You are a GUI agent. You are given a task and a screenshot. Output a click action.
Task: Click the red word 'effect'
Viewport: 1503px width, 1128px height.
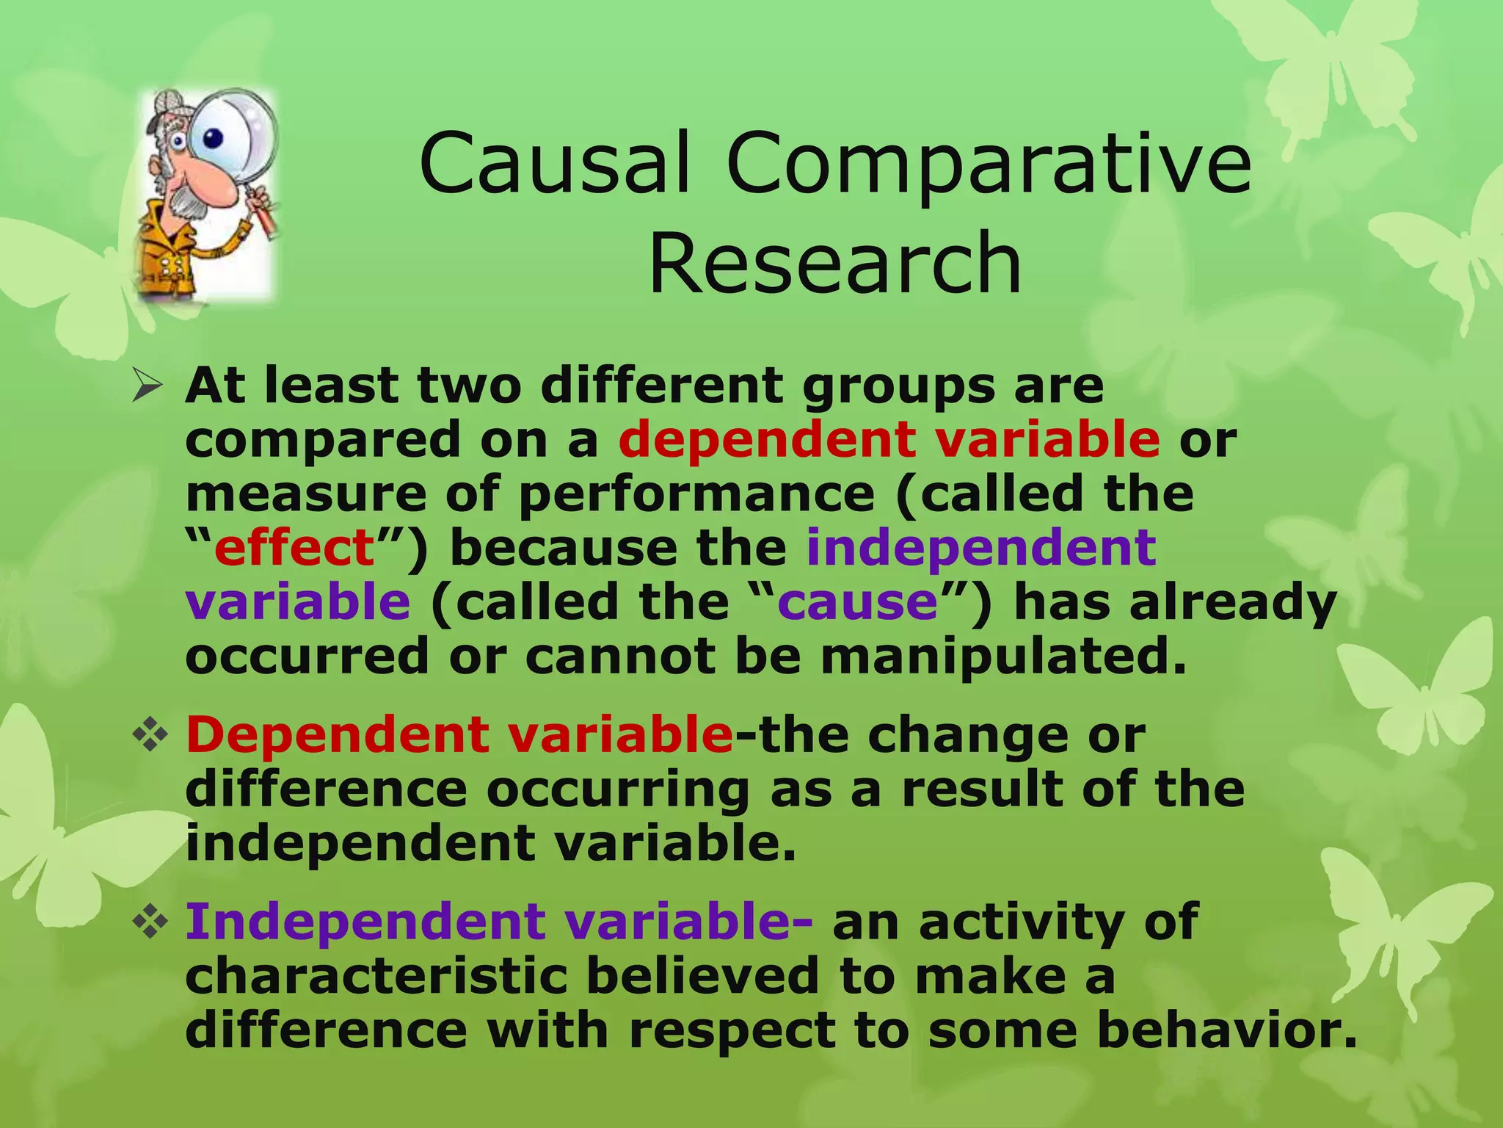click(x=295, y=548)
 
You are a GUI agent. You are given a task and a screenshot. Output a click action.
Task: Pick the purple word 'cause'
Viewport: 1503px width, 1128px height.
click(x=857, y=602)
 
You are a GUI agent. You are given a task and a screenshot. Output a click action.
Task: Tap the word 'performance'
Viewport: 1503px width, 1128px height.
click(x=696, y=494)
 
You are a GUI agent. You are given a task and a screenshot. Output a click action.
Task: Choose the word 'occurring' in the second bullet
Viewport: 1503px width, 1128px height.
click(x=618, y=789)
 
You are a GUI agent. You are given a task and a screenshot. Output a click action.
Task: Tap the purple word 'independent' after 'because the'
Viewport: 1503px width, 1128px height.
click(x=981, y=548)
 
